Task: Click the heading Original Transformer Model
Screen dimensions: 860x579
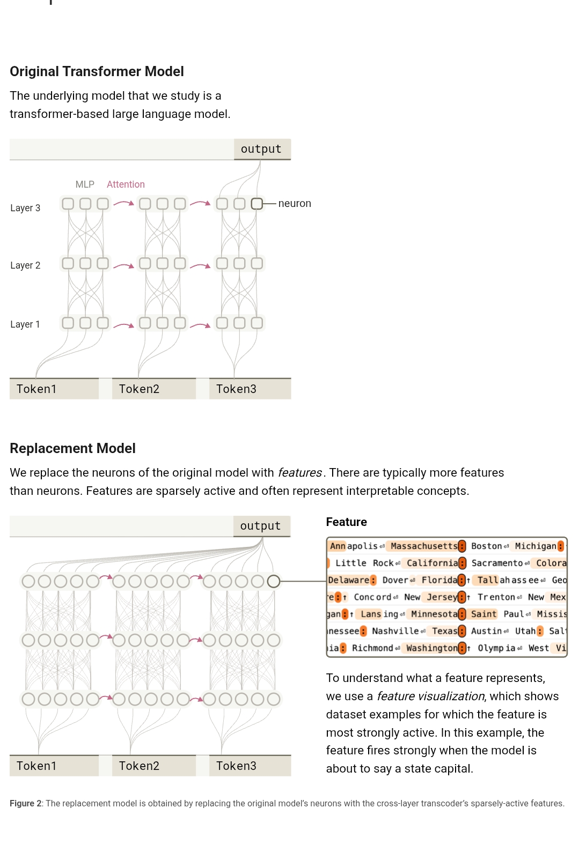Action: [x=97, y=71]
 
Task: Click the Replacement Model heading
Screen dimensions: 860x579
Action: [x=72, y=448]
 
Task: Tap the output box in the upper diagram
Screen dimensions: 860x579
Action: [x=261, y=149]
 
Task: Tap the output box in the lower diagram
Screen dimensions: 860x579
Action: [x=261, y=526]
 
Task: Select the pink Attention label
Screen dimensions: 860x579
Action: [x=126, y=184]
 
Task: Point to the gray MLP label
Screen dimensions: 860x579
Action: [x=85, y=184]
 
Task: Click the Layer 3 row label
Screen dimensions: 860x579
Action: [x=25, y=208]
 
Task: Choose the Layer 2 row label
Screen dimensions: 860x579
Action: [x=25, y=265]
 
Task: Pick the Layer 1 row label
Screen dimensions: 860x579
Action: [x=25, y=324]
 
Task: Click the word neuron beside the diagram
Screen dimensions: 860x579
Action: [x=295, y=204]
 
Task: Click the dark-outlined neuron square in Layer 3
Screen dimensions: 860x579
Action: [x=257, y=204]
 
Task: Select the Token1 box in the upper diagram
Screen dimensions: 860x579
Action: [x=54, y=389]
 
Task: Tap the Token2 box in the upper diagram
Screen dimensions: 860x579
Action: [x=153, y=389]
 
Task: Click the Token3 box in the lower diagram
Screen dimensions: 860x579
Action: [x=250, y=766]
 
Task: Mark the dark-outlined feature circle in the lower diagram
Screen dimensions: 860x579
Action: [x=274, y=581]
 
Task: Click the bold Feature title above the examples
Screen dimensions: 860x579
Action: [x=347, y=522]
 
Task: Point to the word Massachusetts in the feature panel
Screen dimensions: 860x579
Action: [x=424, y=546]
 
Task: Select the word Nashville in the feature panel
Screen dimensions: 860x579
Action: [x=395, y=631]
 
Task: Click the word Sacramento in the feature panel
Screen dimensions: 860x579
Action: [x=497, y=563]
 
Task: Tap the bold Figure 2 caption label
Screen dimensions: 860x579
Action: [x=26, y=803]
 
